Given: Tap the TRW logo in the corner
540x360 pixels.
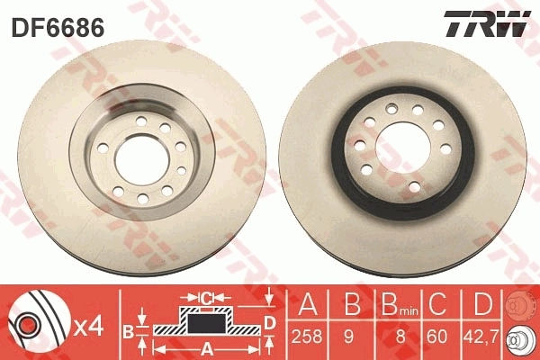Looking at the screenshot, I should coord(488,25).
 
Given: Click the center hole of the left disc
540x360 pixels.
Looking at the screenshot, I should coord(137,156).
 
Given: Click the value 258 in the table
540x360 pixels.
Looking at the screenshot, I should coord(309,339).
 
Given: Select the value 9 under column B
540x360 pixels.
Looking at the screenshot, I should coord(350,339).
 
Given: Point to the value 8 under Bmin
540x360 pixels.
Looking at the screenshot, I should coord(391,339).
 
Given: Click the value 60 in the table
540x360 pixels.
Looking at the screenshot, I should coord(436,339).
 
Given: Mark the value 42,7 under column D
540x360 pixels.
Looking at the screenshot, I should coord(479,339).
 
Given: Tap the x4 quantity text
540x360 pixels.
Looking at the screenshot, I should coord(90,321).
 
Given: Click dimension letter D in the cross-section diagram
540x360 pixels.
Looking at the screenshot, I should coord(270,321).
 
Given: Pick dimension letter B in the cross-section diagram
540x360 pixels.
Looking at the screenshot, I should coord(127,330).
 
